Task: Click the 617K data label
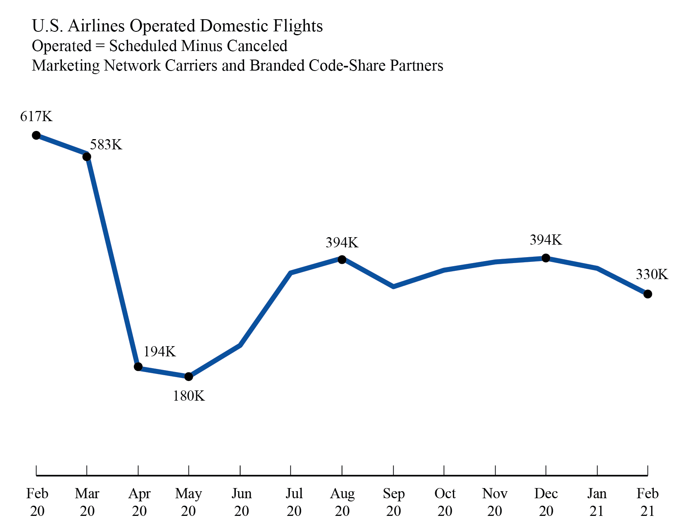tap(36, 116)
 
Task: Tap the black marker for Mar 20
tap(87, 157)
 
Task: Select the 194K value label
tap(159, 352)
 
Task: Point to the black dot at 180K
tap(188, 377)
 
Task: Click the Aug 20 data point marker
tap(342, 260)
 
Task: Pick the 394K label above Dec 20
tap(546, 240)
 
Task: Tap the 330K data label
tap(651, 274)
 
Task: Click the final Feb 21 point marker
tap(648, 294)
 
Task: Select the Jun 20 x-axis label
tap(241, 502)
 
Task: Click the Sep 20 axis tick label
tap(393, 502)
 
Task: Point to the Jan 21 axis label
tap(597, 502)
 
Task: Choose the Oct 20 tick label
tap(445, 502)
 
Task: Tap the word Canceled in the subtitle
tap(257, 46)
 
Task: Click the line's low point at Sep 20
tap(393, 287)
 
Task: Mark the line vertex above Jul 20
tap(291, 273)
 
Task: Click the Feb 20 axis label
tap(37, 502)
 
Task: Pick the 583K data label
tap(106, 145)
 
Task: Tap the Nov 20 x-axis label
tap(495, 502)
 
